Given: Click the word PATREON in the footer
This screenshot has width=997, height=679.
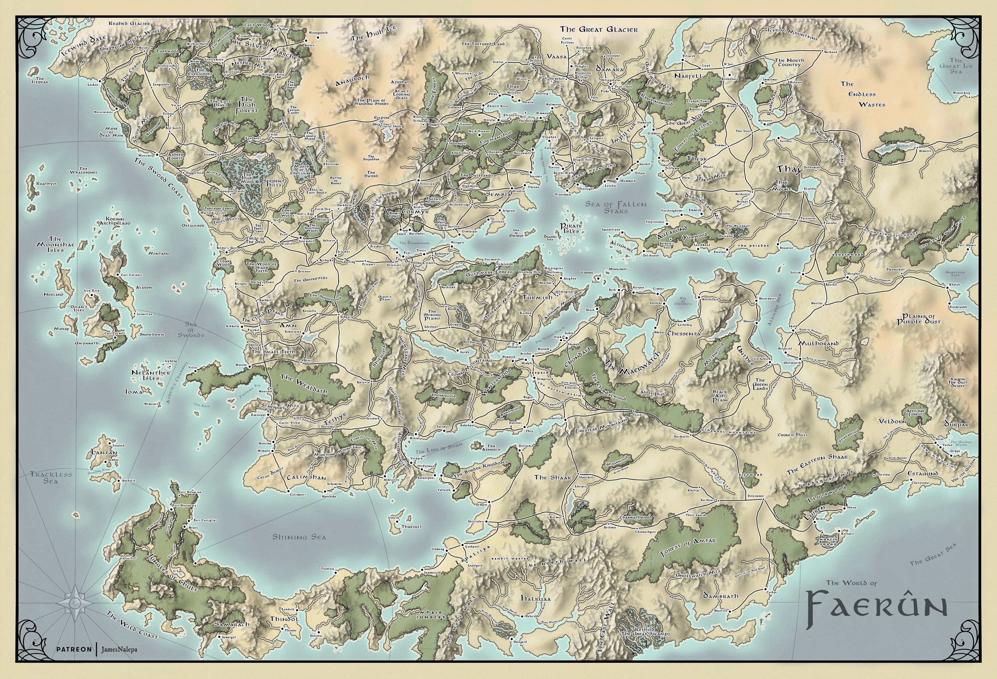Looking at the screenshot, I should click(x=74, y=649).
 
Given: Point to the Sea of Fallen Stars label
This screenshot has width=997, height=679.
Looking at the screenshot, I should click(x=615, y=208).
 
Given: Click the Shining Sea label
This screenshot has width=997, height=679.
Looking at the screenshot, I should click(x=299, y=537).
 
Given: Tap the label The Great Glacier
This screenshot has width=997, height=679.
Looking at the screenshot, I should click(x=599, y=30).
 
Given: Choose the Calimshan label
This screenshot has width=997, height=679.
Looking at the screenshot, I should click(x=306, y=477).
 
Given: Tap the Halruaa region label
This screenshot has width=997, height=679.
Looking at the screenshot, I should click(x=535, y=598).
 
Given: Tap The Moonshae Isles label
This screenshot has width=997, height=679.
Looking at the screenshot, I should click(x=56, y=244).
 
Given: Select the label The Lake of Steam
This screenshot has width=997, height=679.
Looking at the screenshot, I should click(x=439, y=448).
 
